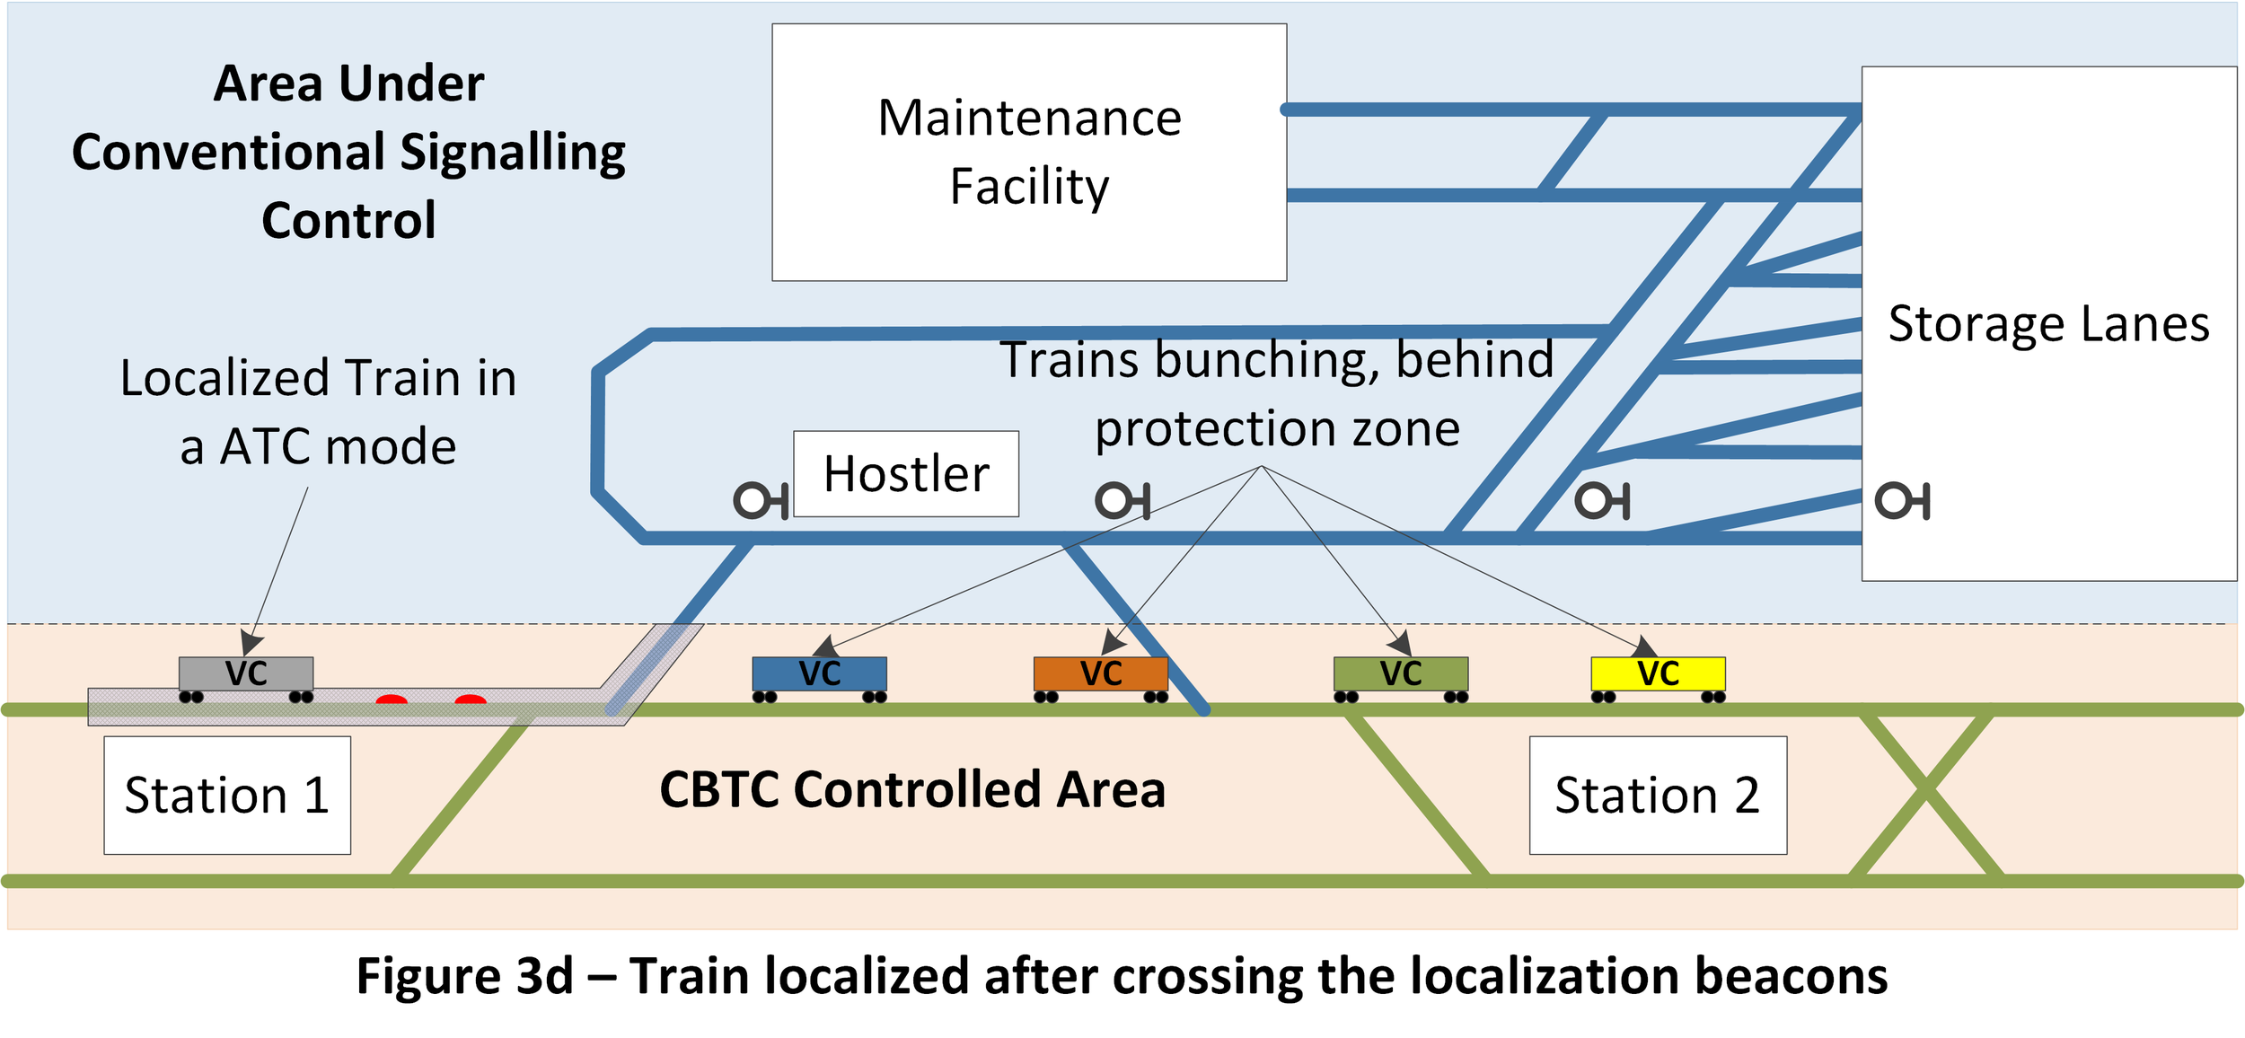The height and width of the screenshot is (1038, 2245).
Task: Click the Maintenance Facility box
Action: [x=1029, y=152]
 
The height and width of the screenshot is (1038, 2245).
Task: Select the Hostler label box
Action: [x=906, y=473]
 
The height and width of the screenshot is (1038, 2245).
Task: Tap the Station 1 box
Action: [x=227, y=795]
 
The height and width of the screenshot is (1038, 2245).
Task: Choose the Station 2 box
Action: [x=1658, y=795]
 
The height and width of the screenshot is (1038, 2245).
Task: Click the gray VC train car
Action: [x=246, y=679]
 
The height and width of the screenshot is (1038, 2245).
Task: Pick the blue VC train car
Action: [x=819, y=679]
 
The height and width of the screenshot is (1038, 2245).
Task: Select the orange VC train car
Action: [x=1101, y=679]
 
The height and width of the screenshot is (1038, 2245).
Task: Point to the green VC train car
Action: [x=1401, y=679]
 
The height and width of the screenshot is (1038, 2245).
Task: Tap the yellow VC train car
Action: [x=1658, y=679]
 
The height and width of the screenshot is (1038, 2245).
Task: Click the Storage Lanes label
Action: [x=2048, y=323]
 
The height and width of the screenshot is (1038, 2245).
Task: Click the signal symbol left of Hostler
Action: [x=761, y=500]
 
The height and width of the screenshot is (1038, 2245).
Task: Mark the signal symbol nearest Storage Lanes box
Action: [x=1902, y=500]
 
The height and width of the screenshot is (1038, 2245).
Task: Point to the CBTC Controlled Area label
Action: [x=912, y=789]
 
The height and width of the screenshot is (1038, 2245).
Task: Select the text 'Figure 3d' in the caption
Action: [x=464, y=976]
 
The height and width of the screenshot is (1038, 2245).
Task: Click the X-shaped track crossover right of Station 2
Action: [x=1925, y=790]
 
